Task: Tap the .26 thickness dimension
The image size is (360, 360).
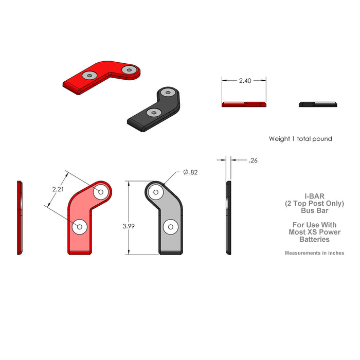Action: pos(253,160)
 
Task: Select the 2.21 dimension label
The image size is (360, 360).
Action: pos(59,189)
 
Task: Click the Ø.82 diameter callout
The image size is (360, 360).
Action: pos(190,173)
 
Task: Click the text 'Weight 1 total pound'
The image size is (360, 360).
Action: pos(300,139)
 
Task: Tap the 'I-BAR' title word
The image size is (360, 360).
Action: pos(314,196)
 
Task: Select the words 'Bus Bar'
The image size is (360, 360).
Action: pos(314,210)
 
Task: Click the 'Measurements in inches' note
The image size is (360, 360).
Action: pos(314,253)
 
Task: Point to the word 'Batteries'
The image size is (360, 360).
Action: pos(314,239)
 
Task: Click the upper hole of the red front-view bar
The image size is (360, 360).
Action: pos(100,192)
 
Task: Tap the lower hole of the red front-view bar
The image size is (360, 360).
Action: pos(80,226)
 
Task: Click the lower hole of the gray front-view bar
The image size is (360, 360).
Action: pos(170,226)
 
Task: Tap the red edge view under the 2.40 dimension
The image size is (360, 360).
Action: pos(244,104)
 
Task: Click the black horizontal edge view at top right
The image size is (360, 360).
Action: pos(318,104)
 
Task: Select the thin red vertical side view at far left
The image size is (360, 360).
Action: pos(20,218)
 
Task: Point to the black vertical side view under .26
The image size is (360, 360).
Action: pos(228,218)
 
